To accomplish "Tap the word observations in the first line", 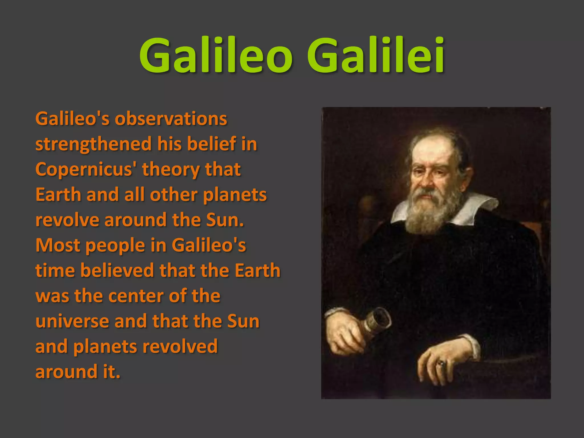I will point(171,119).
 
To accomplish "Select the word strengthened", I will point(94,144).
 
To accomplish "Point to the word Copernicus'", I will point(86,169).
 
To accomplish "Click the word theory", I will point(171,169).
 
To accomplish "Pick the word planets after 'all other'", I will point(235,195).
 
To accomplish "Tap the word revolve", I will point(67,220).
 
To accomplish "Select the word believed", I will point(117,270).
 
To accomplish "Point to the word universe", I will point(72,321).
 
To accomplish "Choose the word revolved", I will point(180,346).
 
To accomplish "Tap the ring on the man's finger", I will point(442,363).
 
